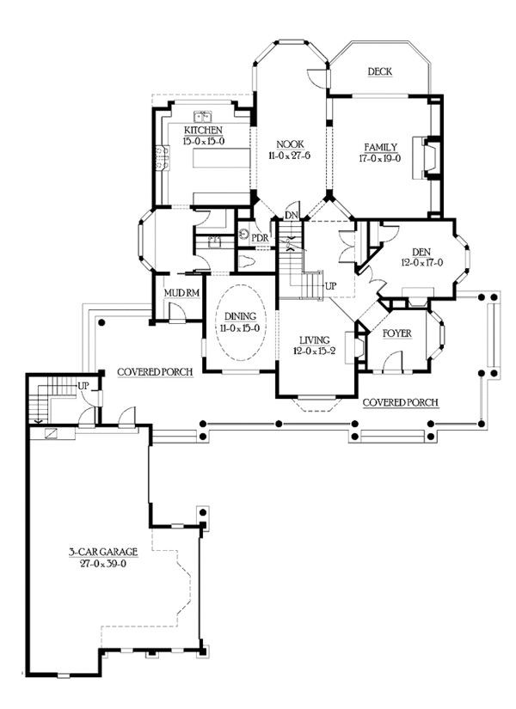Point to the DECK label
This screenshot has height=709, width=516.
[380, 72]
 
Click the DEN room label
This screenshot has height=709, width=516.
[421, 253]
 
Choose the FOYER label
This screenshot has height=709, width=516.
[397, 333]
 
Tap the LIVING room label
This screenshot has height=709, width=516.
[315, 340]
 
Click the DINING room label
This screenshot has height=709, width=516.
[240, 317]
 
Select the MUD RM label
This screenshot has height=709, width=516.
[181, 293]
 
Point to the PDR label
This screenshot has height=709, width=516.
[260, 238]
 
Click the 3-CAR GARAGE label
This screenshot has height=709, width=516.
[103, 552]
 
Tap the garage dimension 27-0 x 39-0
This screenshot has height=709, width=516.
[103, 564]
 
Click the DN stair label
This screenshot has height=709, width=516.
[292, 215]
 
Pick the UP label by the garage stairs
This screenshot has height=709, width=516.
[83, 386]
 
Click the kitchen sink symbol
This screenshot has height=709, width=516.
[203, 117]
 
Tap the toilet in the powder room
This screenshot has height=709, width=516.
[247, 261]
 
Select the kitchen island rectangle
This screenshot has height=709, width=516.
[221, 158]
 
